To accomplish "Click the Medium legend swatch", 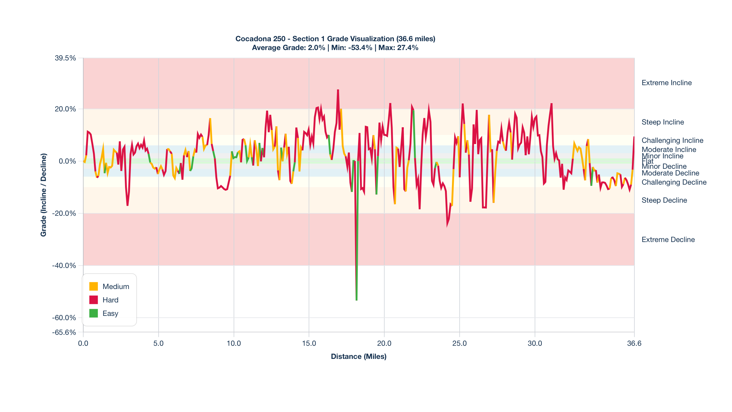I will pos(93,286).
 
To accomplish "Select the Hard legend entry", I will pos(110,300).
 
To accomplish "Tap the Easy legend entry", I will pos(110,313).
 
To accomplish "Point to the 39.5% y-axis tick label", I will pos(65,58).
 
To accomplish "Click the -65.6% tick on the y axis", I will pos(64,332).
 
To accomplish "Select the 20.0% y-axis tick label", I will pos(65,109).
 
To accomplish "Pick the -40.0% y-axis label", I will pos(64,266).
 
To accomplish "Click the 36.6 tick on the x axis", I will pos(634,343).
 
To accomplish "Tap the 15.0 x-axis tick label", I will pos(309,343).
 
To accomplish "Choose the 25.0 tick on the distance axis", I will pos(459,343).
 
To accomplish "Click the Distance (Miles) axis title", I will pos(359,356).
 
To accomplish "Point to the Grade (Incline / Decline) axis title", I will pos(44,195).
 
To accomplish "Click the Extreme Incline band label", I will pos(666,83).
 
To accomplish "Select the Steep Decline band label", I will pos(664,200).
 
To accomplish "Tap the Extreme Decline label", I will pos(668,240).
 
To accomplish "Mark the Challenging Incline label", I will pos(672,140).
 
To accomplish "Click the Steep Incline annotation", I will pos(662,122).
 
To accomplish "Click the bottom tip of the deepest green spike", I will pos(357,300).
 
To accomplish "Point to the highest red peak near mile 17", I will pos(338,90).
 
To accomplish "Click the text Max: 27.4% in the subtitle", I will pos(398,48).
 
